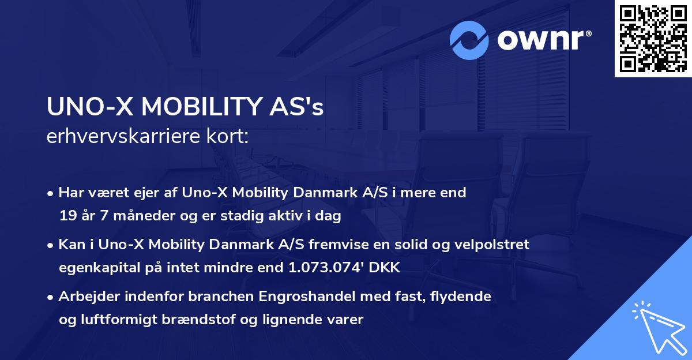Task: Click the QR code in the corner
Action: (x=653, y=39)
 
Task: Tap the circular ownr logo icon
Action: (x=469, y=40)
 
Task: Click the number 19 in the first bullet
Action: (x=67, y=216)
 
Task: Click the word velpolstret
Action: (x=494, y=245)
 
